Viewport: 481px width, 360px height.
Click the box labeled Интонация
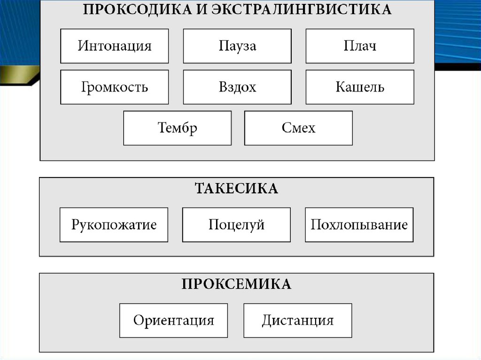click(114, 46)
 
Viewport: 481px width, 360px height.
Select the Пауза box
click(237, 46)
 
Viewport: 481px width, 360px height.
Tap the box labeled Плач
click(360, 46)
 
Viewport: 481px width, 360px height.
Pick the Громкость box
click(114, 87)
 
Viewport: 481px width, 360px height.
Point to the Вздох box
click(237, 87)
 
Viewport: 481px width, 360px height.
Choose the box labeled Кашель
click(360, 87)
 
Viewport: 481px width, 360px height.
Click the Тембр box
click(177, 128)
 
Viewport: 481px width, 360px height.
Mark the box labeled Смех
click(298, 128)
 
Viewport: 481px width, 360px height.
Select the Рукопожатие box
click(114, 225)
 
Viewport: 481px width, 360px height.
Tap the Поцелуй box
click(236, 225)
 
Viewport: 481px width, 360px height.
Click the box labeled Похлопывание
click(359, 225)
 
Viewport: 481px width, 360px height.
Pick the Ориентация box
click(173, 321)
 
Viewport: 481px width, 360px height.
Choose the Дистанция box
click(298, 321)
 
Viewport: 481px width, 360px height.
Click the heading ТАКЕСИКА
click(236, 189)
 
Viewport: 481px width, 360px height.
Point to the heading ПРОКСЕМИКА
click(236, 284)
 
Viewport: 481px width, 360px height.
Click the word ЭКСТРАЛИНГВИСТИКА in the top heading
click(300, 10)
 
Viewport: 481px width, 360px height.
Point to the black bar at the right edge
click(458, 66)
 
